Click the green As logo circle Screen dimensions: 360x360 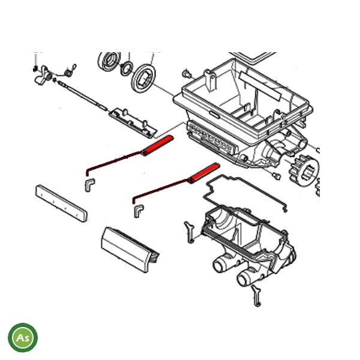(23, 338)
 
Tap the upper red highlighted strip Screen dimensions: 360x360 (158, 144)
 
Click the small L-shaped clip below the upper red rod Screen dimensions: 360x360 (89, 182)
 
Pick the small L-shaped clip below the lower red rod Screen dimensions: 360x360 (139, 210)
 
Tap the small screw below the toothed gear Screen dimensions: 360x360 (276, 175)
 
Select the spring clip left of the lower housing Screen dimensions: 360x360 (189, 232)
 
